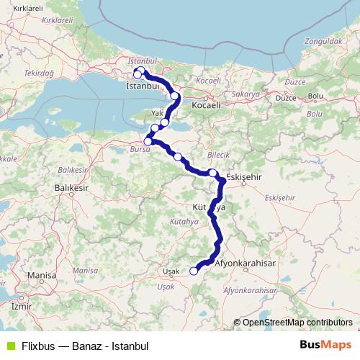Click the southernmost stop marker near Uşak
(x=193, y=271)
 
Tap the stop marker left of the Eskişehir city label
(x=213, y=172)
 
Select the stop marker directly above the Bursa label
(x=148, y=141)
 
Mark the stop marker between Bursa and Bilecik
(x=177, y=156)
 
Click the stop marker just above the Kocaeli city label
(x=175, y=95)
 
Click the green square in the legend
(x=9, y=345)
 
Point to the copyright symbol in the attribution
(x=237, y=323)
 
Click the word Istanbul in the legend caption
(x=130, y=346)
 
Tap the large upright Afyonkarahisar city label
(x=251, y=264)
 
